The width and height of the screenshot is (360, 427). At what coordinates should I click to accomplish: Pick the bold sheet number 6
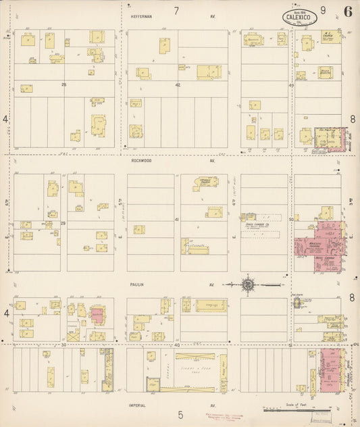346,11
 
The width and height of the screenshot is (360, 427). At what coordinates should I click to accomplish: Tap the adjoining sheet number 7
176,11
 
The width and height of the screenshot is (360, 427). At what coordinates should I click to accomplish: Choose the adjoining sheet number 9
323,10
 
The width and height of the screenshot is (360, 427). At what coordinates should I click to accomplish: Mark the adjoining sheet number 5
180,414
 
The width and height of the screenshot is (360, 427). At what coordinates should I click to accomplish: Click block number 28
64,85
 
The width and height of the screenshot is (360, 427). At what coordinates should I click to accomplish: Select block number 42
178,85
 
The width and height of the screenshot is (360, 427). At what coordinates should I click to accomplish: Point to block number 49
292,86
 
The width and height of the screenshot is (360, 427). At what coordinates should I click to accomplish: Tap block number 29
63,222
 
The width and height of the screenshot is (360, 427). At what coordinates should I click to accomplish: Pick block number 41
178,220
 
